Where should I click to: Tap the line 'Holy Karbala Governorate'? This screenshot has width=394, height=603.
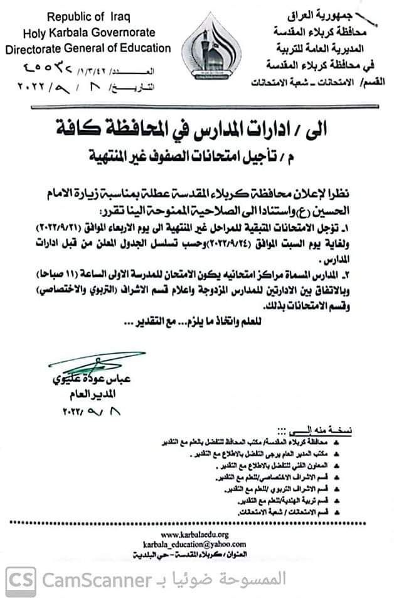pos(87,33)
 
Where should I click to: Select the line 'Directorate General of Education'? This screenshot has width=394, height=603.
pos(88,48)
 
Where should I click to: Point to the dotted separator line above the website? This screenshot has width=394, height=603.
pos(196,523)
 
